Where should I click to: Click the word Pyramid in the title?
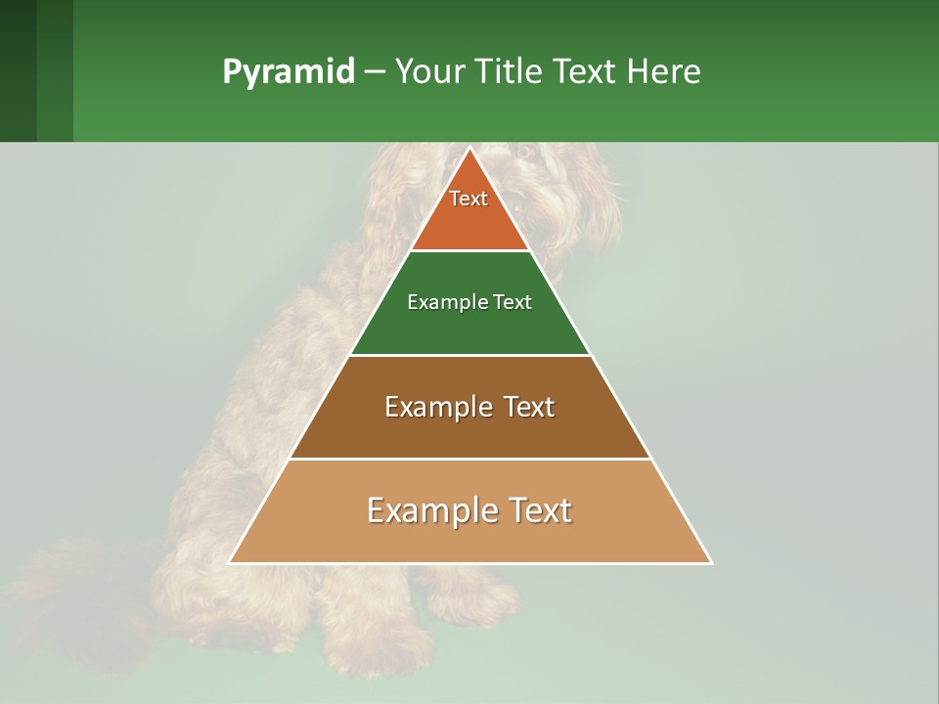[288, 72]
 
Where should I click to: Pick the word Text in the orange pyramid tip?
[469, 198]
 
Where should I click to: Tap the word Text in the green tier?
[513, 302]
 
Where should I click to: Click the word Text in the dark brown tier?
[529, 407]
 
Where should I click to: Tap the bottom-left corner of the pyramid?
[229, 563]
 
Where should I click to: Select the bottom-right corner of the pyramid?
[712, 563]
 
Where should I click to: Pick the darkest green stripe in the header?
[18, 70]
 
